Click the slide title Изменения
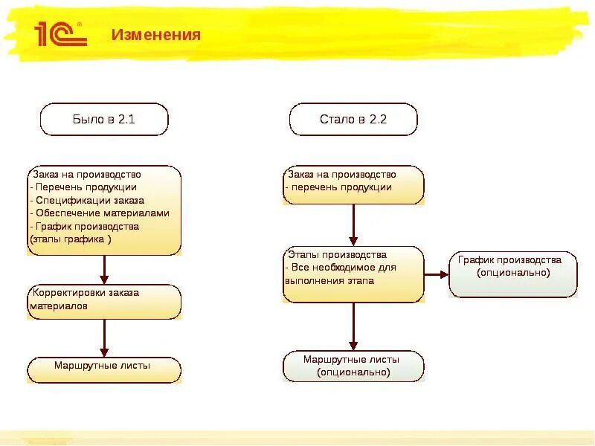(x=155, y=35)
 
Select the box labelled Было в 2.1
(x=104, y=119)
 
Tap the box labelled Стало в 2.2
(x=353, y=119)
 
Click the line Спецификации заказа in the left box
(x=87, y=200)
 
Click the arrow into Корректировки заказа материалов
(x=105, y=270)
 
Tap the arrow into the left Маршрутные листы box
(x=105, y=338)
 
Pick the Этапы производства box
(x=353, y=274)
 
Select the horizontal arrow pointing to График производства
(x=437, y=274)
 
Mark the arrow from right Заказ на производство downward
(x=353, y=225)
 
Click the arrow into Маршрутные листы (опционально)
(x=353, y=326)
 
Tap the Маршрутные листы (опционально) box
(x=353, y=366)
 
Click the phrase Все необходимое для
(x=340, y=268)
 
